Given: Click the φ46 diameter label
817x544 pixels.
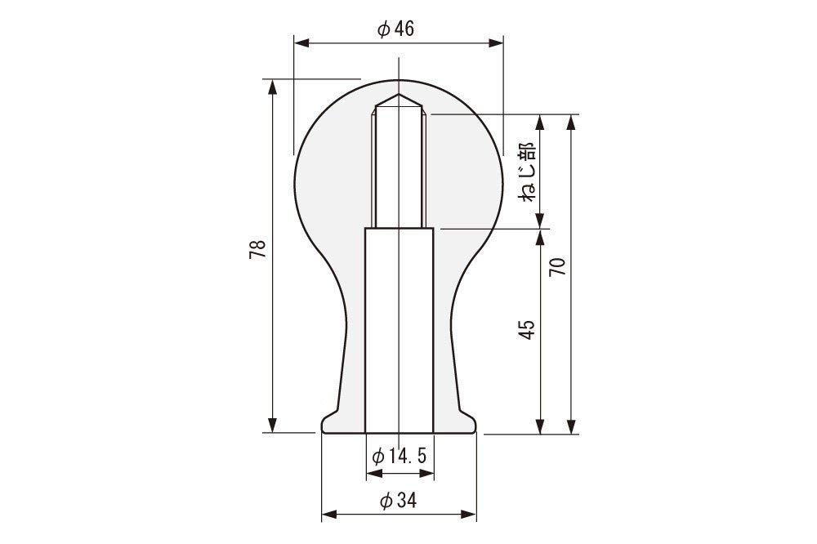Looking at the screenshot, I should [396, 29].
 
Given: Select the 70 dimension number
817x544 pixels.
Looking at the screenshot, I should [557, 267].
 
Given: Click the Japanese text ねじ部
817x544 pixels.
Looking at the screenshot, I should [527, 172].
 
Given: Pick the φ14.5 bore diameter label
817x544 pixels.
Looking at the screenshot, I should [399, 456].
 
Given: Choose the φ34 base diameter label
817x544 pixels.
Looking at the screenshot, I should [399, 502].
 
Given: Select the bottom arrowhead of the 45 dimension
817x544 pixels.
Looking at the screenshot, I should [540, 426].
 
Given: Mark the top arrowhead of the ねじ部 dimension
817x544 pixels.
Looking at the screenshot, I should [540, 120].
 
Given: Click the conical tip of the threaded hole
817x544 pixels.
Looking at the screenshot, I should [398, 100].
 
